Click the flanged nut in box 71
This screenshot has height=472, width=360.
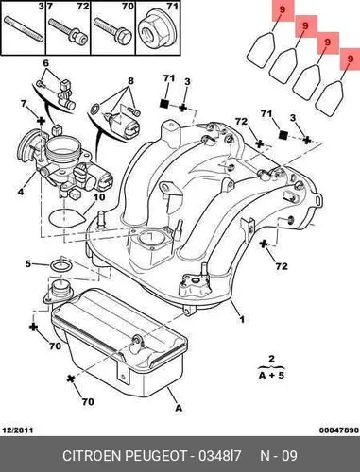coord(156,32)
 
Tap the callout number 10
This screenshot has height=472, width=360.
coord(99,197)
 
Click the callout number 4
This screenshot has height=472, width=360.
coord(21,191)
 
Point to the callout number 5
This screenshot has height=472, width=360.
coord(28,263)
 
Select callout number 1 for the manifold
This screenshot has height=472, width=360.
coord(242,320)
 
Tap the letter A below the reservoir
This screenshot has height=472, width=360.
coord(179,408)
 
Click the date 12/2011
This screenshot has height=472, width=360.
coord(18,430)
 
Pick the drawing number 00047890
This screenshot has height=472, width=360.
coord(339,430)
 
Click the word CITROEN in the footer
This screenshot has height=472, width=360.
coord(92,456)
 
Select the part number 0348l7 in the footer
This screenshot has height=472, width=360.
coord(220,456)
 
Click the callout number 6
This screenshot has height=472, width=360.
coord(46,63)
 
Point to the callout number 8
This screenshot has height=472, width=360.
coord(130,81)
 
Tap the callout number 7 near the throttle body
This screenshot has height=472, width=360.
coord(24,104)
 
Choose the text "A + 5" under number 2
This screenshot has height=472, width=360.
coord(271,375)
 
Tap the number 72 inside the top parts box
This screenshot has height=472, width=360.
coord(83,6)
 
